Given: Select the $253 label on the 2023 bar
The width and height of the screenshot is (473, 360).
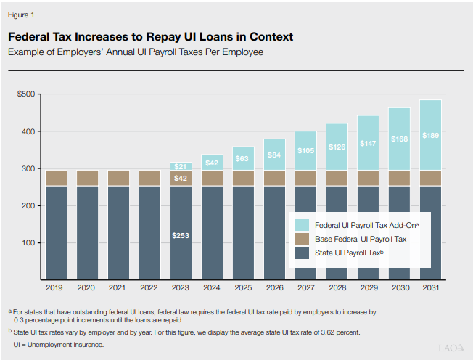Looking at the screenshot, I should (x=181, y=235).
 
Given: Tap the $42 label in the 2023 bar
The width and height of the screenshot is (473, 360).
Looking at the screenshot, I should (x=181, y=179).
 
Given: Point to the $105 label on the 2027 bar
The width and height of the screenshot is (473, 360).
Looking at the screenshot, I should (x=305, y=151).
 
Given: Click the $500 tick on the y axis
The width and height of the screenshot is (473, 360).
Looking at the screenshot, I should (x=27, y=94).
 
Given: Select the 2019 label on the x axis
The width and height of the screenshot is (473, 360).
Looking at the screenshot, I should (x=56, y=288).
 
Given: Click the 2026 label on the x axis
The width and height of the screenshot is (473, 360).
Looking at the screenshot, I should (x=274, y=288).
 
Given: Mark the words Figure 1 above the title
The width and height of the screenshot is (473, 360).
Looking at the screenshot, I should (x=21, y=15).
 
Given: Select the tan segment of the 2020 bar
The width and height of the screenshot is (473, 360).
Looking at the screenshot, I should (x=87, y=178).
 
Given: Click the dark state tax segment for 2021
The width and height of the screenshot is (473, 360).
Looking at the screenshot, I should (x=118, y=232).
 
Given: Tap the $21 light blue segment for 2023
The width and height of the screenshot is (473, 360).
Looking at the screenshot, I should (x=181, y=166).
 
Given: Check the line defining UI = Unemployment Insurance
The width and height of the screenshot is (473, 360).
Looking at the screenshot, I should (x=59, y=344).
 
